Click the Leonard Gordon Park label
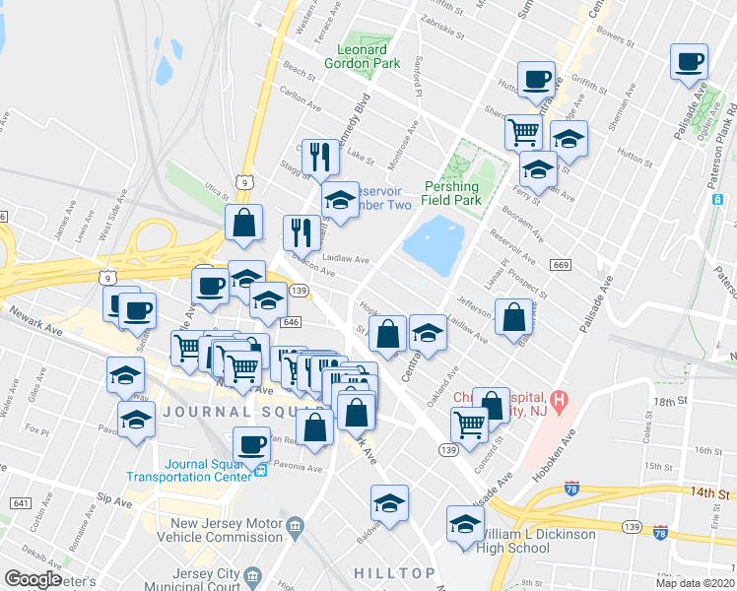pyautogui.click(x=369, y=56)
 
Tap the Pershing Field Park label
pyautogui.click(x=452, y=193)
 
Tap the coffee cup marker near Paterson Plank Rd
pyautogui.click(x=689, y=61)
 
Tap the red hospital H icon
pyautogui.click(x=560, y=400)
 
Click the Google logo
pyautogui.click(x=33, y=578)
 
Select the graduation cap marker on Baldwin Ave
pyautogui.click(x=389, y=503)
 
